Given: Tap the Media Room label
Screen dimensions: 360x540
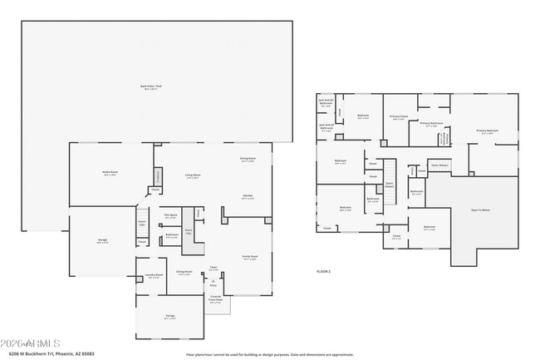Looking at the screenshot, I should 109,174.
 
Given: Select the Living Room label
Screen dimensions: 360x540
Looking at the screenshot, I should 192,176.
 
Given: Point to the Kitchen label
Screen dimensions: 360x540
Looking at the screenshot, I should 248,197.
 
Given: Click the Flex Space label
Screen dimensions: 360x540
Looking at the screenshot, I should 170,216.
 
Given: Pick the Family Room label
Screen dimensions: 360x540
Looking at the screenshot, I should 248,258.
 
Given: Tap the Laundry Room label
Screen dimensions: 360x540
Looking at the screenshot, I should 153,276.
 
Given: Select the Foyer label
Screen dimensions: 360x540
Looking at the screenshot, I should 214,269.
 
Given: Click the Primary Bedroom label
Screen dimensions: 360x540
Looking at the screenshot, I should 487,131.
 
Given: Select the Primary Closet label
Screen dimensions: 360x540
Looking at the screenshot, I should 399,117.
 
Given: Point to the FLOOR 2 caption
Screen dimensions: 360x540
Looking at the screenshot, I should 323,271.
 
